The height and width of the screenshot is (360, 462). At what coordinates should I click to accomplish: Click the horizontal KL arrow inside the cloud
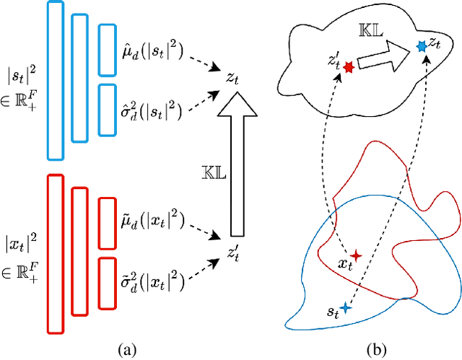[x=383, y=56]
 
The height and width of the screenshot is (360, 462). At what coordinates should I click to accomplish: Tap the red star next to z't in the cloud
[x=349, y=67]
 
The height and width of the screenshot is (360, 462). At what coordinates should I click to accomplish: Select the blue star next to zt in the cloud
[x=422, y=46]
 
